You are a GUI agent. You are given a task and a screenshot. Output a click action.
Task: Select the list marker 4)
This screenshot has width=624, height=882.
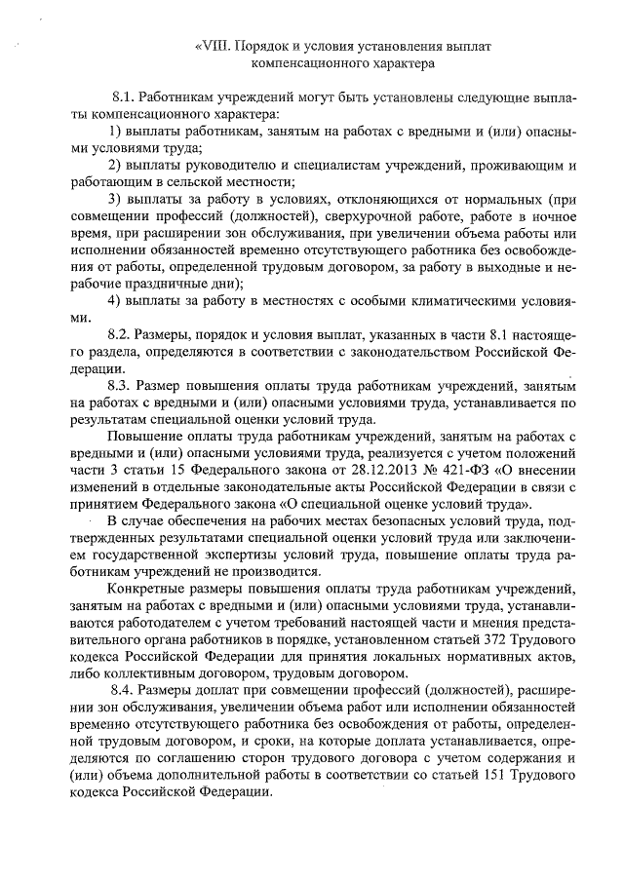point(117,299)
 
